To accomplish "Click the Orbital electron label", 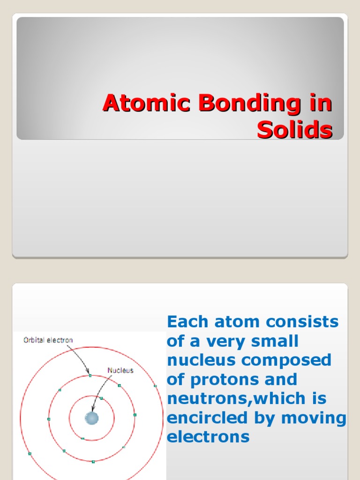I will click(x=48, y=340).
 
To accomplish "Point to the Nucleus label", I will click(x=120, y=370).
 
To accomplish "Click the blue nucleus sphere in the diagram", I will click(x=91, y=418).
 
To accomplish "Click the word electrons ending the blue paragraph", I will click(x=208, y=437).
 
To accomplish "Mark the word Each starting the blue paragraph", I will click(x=185, y=322).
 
